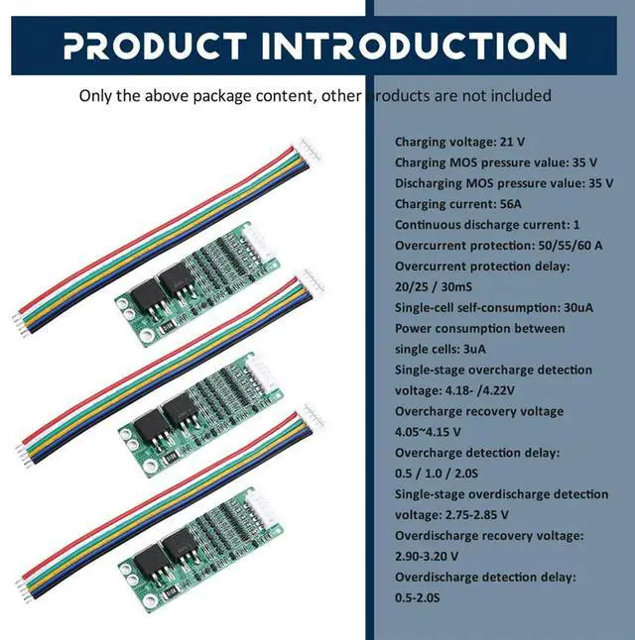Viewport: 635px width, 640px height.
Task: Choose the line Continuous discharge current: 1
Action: click(487, 225)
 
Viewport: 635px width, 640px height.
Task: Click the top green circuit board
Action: click(197, 278)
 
